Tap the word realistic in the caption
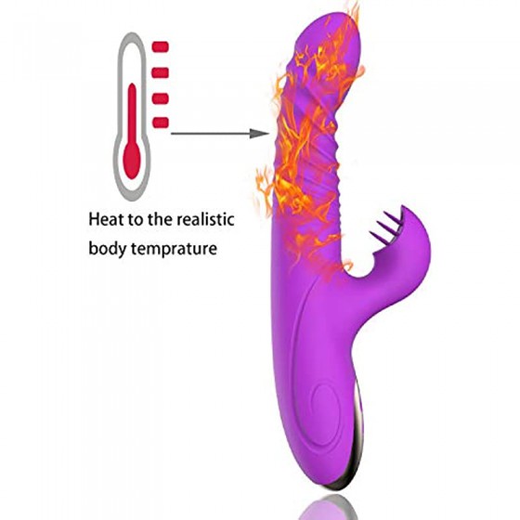tap(205, 219)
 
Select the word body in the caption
tap(108, 249)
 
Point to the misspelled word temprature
tap(175, 249)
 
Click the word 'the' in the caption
tap(160, 219)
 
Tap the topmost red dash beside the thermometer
tap(160, 46)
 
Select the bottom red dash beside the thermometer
tap(161, 123)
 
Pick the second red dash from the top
tap(160, 72)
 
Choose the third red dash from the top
tap(160, 98)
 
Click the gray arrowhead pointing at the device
tap(259, 134)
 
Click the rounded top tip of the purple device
tap(327, 19)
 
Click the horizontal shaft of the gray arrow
tap(210, 134)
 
